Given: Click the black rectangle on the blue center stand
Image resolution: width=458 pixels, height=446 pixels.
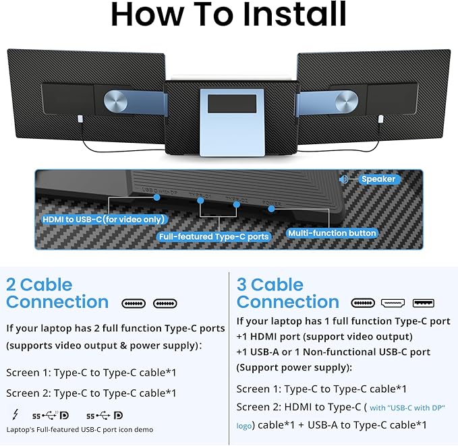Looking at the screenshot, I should pos(231,104).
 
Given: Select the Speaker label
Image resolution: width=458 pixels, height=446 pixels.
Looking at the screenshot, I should pos(378,179).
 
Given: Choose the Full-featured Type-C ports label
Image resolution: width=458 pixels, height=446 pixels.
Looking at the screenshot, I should pos(213,236).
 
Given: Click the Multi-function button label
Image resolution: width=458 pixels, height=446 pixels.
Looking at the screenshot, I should pos(333,233).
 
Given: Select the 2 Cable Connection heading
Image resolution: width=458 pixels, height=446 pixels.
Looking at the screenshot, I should pos(57,293).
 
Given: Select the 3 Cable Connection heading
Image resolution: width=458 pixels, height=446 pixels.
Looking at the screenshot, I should pos(288,293).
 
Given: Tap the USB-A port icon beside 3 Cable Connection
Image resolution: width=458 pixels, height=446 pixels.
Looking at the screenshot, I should pos(424,303).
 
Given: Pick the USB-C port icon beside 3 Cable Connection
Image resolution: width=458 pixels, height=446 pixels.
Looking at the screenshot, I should pos(363,303).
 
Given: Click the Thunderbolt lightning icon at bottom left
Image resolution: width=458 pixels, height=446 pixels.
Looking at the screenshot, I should pos(16,415).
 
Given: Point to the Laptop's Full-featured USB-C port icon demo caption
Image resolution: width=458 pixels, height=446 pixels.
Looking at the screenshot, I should pos(80,429).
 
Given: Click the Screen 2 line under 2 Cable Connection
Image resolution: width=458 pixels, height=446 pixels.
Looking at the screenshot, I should pos(91,393).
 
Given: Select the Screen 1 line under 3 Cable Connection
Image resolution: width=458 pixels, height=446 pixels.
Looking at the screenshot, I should pos(322,389).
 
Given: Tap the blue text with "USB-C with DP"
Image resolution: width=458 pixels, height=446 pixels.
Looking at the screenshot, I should pos(407,408).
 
